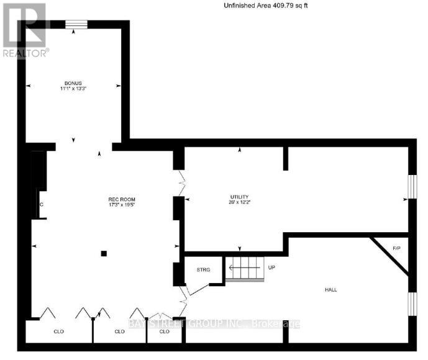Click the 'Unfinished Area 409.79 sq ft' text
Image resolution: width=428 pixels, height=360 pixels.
pyautogui.click(x=265, y=6)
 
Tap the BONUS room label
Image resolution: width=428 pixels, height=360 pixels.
pyautogui.click(x=73, y=83)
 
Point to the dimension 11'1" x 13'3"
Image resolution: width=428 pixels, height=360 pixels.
pyautogui.click(x=73, y=89)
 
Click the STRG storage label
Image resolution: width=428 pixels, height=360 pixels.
pyautogui.click(x=203, y=270)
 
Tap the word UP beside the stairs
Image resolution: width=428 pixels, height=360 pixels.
pyautogui.click(x=271, y=268)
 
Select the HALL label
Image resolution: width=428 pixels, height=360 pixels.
pyautogui.click(x=330, y=290)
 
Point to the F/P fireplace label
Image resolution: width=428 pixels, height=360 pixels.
pyautogui.click(x=396, y=249)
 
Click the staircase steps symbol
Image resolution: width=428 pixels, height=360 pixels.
pyautogui.click(x=244, y=269)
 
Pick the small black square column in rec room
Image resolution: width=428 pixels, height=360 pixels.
pyautogui.click(x=104, y=253)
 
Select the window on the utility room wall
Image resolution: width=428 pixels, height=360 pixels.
pyautogui.click(x=411, y=187)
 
